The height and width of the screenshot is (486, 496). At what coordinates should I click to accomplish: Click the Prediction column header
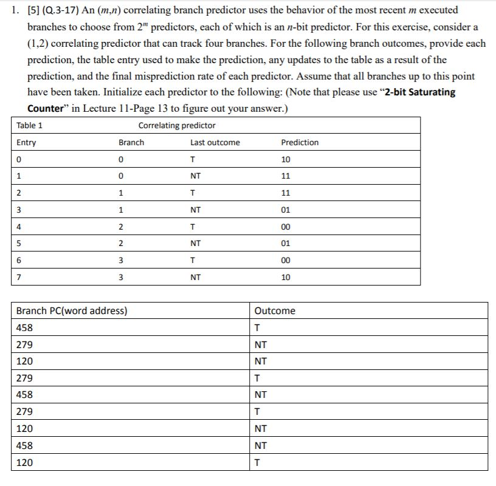(300, 143)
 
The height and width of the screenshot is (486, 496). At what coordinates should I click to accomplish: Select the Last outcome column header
(215, 143)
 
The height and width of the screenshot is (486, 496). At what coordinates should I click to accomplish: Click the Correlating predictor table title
(177, 126)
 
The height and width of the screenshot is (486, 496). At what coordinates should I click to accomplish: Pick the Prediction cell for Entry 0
(286, 160)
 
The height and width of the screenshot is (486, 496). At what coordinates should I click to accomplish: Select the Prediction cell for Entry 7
(286, 277)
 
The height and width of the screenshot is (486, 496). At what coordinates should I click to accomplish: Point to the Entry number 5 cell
(19, 244)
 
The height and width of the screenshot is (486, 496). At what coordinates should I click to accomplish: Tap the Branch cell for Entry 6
(122, 261)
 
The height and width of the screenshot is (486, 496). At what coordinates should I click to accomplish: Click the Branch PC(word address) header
(71, 311)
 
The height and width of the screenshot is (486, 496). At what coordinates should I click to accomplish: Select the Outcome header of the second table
(275, 311)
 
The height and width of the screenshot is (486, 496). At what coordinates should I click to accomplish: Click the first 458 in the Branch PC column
(25, 328)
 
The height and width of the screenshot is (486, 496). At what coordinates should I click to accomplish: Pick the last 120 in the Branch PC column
(25, 463)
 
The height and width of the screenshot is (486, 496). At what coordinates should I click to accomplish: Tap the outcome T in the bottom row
(258, 463)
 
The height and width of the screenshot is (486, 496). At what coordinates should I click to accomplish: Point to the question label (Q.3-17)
(58, 10)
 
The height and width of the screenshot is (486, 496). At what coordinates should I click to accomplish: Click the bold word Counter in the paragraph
(46, 109)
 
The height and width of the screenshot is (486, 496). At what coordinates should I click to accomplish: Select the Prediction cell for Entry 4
(286, 227)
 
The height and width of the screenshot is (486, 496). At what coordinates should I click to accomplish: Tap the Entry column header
(26, 143)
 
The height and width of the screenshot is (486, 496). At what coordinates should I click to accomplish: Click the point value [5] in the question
(33, 10)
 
